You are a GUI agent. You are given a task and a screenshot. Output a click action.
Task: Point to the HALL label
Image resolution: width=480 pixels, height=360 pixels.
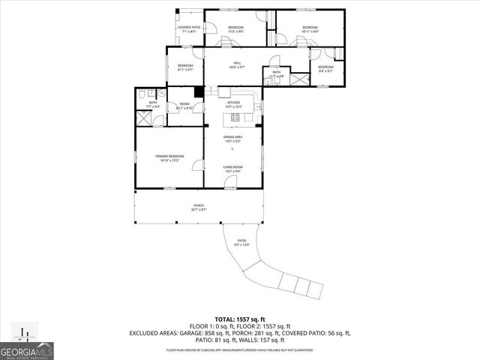236,63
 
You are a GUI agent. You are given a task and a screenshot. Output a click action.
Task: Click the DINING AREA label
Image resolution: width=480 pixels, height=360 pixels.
232,136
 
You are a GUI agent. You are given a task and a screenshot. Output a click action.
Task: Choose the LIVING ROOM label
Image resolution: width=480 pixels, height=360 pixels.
232,167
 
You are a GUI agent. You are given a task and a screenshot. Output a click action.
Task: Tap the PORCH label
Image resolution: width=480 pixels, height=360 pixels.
199,205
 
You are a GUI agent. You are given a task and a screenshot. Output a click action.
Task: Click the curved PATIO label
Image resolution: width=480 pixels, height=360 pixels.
241,241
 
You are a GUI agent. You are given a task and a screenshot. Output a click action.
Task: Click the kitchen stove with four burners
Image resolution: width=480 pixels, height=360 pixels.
235,117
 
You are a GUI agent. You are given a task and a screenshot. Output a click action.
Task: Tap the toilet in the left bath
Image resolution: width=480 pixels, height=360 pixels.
142,95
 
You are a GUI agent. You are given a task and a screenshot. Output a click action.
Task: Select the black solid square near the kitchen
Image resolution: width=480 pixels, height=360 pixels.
198,92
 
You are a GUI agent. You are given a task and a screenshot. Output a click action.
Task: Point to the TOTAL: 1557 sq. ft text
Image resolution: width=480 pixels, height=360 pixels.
240,320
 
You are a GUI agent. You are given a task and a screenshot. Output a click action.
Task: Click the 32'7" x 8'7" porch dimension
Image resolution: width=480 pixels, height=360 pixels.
199,209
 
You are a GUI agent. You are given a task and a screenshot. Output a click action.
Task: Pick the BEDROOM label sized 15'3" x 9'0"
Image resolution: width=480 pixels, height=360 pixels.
235,28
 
